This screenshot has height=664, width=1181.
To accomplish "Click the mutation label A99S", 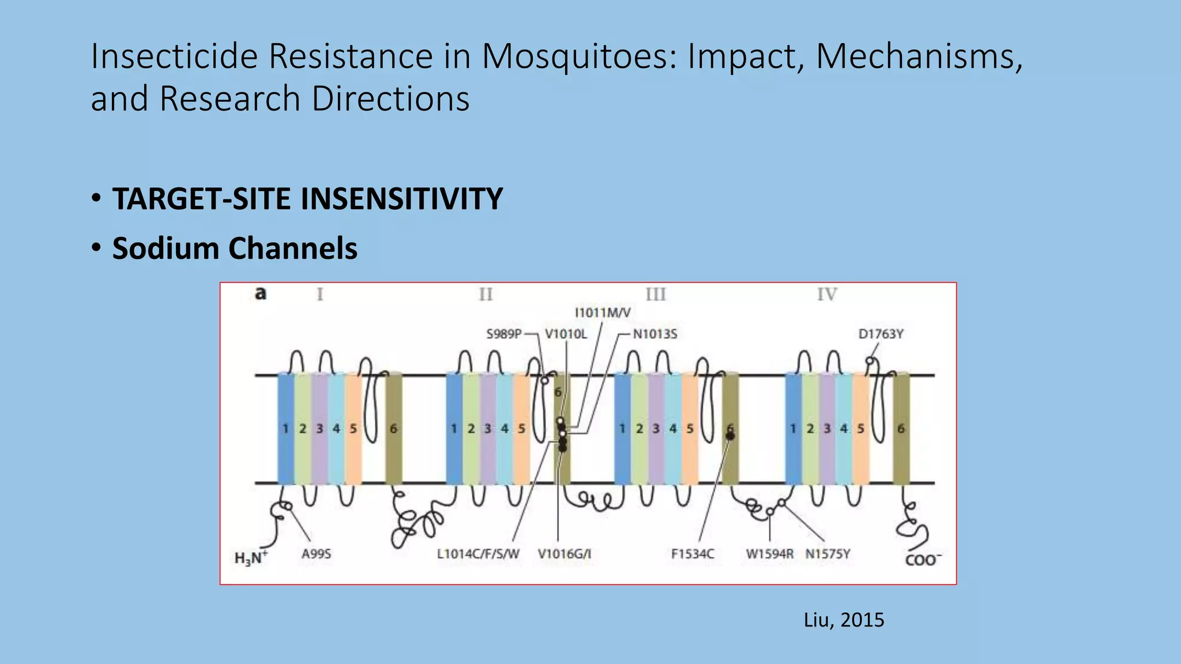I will (x=316, y=554).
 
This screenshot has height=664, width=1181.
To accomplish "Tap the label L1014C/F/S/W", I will (x=478, y=554).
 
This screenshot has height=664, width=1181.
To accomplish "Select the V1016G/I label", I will (x=565, y=554).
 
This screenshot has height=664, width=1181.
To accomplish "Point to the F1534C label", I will (x=693, y=554).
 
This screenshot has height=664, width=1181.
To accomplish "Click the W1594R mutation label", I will (x=769, y=554).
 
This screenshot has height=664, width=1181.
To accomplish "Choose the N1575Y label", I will (x=828, y=554).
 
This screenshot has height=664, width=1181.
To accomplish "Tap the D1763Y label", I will (x=881, y=334).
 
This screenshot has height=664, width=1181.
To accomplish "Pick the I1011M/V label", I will (x=603, y=312).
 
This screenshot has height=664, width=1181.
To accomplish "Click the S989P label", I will (x=504, y=334).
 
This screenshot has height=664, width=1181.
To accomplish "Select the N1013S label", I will (x=655, y=334).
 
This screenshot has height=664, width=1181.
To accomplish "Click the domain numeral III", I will (x=656, y=295).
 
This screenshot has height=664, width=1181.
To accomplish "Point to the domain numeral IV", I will (x=827, y=295).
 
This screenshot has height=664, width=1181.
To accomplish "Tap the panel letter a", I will (x=261, y=293).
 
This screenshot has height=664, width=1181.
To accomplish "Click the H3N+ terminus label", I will (x=251, y=558).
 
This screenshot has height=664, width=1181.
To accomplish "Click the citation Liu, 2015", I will (x=844, y=620).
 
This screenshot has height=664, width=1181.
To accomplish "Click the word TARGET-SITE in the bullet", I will (x=204, y=199).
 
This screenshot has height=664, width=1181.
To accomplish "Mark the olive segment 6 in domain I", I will (x=394, y=428).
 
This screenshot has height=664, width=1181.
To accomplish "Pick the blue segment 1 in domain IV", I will (x=793, y=428).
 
